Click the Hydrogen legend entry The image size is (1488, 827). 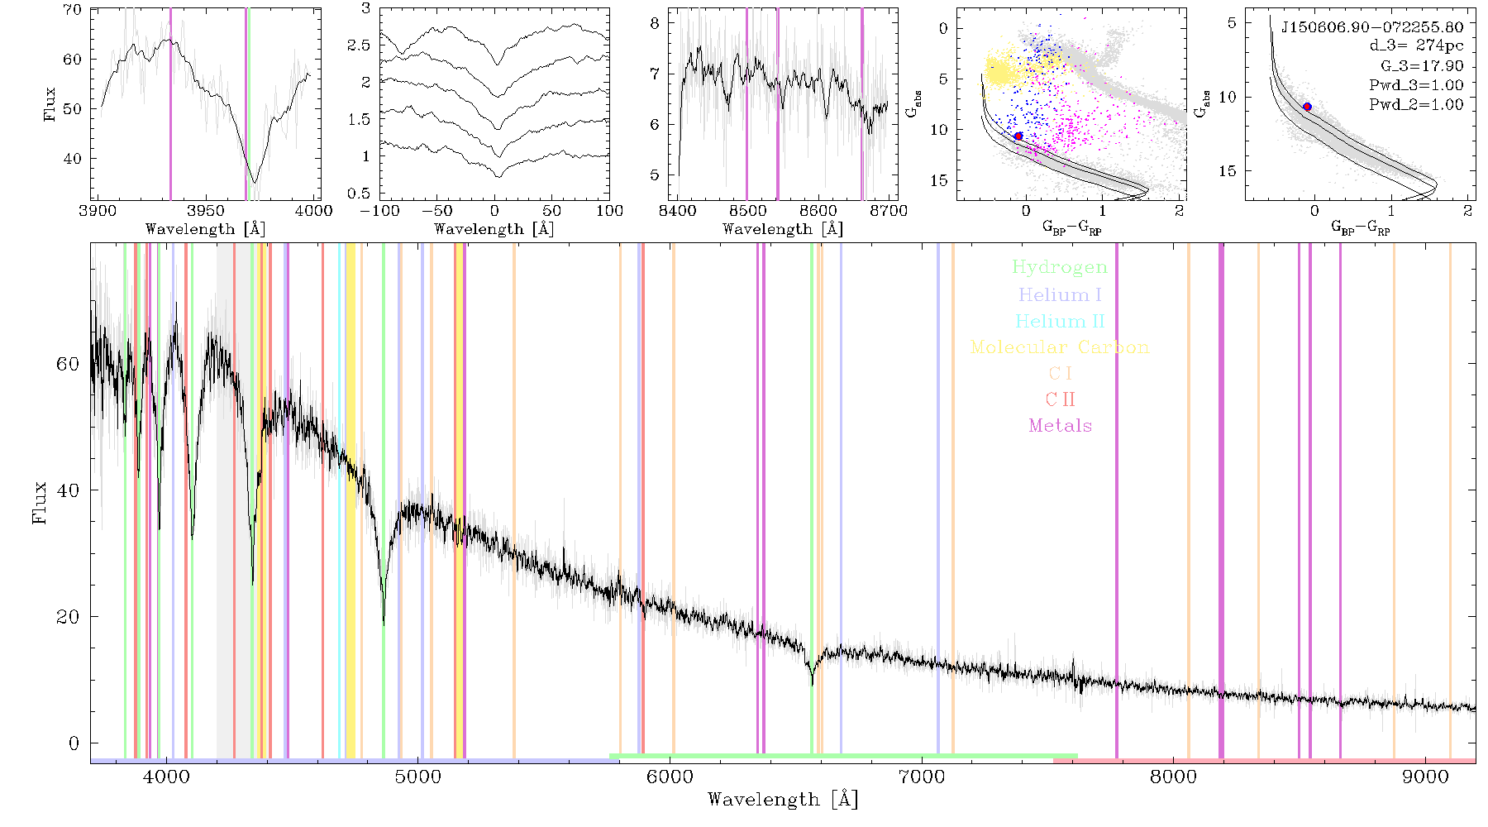[1059, 267]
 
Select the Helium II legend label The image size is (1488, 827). [1060, 321]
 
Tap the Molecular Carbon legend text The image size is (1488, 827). [1060, 347]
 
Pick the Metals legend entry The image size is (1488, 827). [1060, 426]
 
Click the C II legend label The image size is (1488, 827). [1060, 399]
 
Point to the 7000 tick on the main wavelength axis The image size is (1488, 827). [922, 777]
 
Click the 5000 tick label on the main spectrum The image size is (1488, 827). [418, 777]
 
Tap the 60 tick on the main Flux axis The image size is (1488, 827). [69, 364]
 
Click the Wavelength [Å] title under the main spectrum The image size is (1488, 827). [783, 800]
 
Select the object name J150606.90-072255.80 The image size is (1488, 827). [1371, 27]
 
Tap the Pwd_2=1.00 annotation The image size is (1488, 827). [1416, 105]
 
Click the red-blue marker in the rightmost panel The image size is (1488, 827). [1307, 107]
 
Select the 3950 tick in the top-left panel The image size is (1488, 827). [206, 211]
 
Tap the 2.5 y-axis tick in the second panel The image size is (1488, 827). [359, 45]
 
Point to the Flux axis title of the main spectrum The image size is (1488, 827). [39, 502]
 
